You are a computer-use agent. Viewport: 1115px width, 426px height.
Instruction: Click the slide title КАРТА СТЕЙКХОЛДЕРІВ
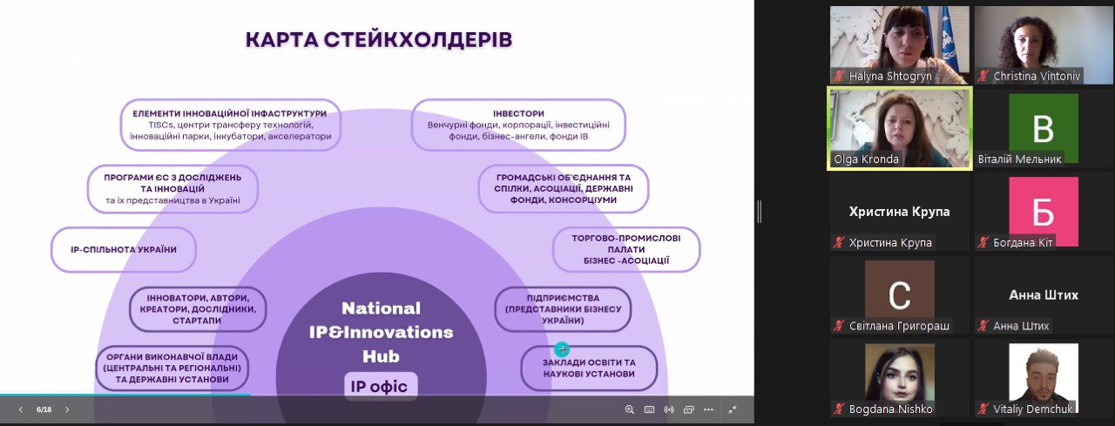point(379,40)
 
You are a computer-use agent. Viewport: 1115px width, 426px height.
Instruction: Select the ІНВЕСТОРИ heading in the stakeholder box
point(518,113)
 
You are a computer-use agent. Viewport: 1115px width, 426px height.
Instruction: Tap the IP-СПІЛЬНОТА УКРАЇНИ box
point(124,250)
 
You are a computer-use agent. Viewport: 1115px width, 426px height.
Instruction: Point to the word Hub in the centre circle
point(381,356)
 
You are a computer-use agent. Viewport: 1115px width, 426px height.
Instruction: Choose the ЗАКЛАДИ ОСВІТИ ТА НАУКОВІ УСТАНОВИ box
point(589,369)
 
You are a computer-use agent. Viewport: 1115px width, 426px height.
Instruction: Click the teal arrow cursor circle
point(562,349)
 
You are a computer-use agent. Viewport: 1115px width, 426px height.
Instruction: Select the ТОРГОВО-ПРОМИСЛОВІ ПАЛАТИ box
point(626,249)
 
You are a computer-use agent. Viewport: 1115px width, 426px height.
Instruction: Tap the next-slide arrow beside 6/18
point(67,409)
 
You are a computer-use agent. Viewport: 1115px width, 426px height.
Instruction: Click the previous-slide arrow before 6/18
point(20,409)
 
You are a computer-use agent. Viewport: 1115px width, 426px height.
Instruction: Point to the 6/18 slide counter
point(44,409)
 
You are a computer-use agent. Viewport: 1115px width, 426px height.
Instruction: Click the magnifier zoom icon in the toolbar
point(630,409)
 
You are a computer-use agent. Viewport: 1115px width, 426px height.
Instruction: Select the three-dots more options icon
point(709,409)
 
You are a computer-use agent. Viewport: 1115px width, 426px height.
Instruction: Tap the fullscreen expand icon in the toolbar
point(733,409)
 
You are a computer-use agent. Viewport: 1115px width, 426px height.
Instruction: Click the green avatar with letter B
point(1044,128)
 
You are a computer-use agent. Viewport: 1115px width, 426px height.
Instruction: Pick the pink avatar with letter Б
point(1044,212)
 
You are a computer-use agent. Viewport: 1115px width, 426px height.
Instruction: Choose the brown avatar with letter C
point(900,295)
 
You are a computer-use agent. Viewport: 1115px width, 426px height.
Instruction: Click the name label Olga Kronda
point(866,159)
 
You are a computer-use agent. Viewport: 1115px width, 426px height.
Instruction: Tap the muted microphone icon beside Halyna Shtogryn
point(839,76)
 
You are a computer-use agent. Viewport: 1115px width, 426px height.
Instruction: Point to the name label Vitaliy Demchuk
point(1033,409)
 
